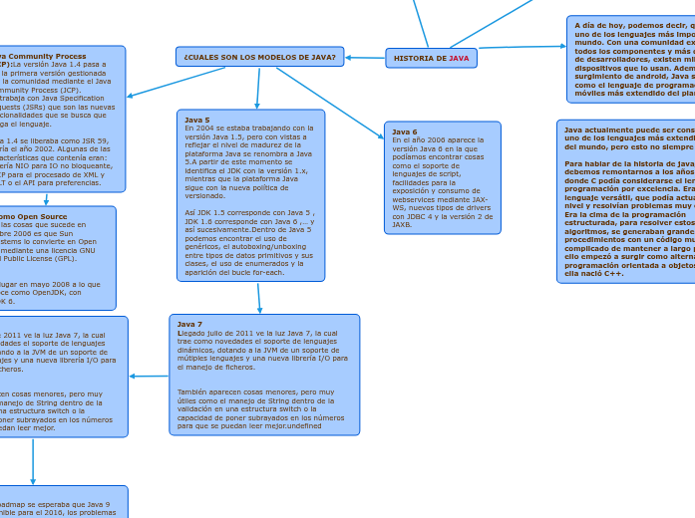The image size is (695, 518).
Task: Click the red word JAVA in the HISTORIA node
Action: (x=459, y=59)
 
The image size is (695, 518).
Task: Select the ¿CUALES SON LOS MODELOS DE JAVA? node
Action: (x=259, y=57)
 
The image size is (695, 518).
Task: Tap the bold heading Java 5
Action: (x=197, y=120)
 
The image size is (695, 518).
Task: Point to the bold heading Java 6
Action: (x=405, y=131)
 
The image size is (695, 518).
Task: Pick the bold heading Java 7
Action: (x=189, y=324)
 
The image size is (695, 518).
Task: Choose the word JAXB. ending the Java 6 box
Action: (x=403, y=225)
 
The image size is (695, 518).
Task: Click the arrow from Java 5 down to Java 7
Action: (x=258, y=298)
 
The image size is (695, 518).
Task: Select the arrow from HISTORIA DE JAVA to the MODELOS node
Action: (x=365, y=58)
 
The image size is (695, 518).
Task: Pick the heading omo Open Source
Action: (x=34, y=216)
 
